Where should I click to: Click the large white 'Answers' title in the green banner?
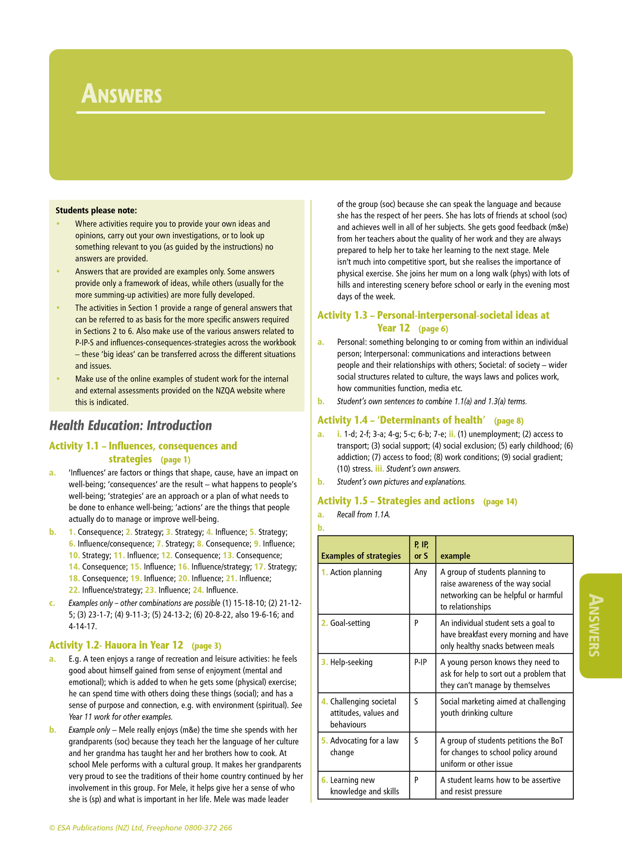[x=122, y=94]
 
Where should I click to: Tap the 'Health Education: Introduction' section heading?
[x=130, y=426]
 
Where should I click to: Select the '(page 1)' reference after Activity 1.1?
[x=175, y=460]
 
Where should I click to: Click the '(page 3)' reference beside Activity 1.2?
[x=206, y=646]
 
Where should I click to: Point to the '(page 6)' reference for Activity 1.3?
[x=433, y=329]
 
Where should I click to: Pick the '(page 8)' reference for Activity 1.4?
[x=509, y=421]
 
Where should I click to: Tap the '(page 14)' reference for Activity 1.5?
[x=500, y=501]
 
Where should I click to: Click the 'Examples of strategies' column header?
[x=361, y=556]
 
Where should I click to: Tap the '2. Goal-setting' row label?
[x=346, y=623]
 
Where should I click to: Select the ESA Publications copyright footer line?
[x=141, y=827]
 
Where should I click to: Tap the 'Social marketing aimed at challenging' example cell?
[x=502, y=701]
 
